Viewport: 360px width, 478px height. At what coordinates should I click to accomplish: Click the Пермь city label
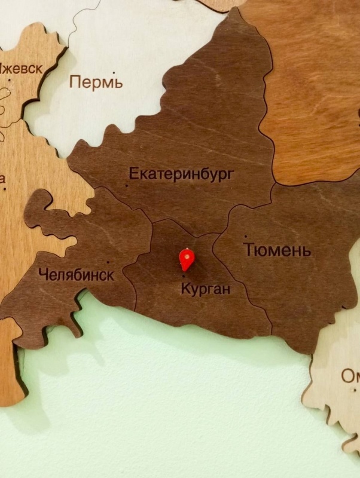(96, 82)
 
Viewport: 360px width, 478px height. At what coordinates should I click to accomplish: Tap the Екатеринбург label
(181, 174)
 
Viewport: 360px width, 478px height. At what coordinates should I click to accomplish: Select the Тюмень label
(277, 250)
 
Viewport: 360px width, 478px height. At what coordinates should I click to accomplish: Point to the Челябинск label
(76, 275)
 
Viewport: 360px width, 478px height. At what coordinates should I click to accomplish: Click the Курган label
(205, 289)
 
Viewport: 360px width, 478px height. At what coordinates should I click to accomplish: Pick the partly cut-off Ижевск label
(22, 68)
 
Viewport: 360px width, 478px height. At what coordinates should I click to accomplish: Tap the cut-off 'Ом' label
(350, 376)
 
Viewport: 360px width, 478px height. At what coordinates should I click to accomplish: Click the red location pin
(187, 260)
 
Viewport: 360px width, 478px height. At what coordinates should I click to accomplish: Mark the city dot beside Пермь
(121, 87)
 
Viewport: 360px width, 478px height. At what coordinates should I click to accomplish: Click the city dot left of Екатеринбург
(127, 185)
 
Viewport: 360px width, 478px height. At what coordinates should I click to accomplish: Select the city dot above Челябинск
(108, 262)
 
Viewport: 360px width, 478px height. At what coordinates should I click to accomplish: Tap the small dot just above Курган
(184, 277)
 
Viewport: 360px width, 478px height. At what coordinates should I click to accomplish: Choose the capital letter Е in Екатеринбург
(133, 174)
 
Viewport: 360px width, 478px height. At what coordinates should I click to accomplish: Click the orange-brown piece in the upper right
(311, 90)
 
